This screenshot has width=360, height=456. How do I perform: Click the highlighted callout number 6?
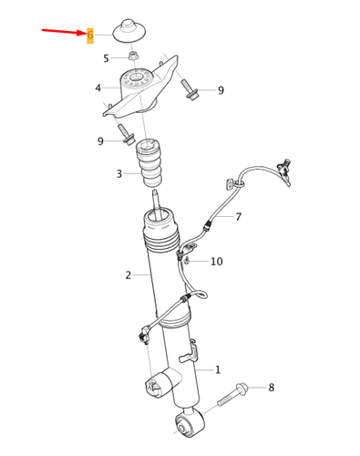pyautogui.click(x=90, y=36)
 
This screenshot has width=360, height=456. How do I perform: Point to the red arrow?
pyautogui.click(x=64, y=32)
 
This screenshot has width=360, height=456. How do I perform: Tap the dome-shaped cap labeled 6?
pyautogui.click(x=129, y=31)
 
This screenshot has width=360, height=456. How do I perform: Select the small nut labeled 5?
pyautogui.click(x=132, y=56)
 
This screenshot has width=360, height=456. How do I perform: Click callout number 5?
pyautogui.click(x=106, y=58)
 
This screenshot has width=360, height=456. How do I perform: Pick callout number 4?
pyautogui.click(x=98, y=88)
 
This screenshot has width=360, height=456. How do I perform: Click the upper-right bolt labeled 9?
pyautogui.click(x=190, y=90)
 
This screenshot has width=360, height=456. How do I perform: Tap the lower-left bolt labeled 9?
pyautogui.click(x=125, y=135)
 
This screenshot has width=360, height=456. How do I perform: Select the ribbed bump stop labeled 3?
pyautogui.click(x=149, y=164)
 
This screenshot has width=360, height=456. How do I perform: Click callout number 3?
pyautogui.click(x=119, y=174)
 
